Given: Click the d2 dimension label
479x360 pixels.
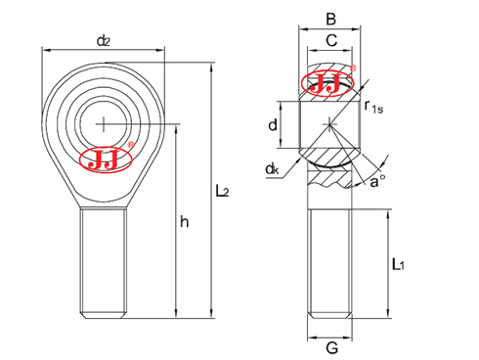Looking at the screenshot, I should [x=103, y=41].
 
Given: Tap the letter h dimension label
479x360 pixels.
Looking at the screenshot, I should [x=184, y=223].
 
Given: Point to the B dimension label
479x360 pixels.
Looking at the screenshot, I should [x=330, y=18].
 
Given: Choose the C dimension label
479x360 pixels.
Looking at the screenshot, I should [x=330, y=41].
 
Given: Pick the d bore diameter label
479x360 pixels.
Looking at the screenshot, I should [x=275, y=124].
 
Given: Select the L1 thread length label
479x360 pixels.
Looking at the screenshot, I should [x=397, y=264].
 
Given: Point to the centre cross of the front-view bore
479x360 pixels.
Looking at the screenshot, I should [x=103, y=123].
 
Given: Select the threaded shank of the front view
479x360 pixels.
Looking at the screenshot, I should [x=103, y=262].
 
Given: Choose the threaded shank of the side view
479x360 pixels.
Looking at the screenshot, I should [x=331, y=262].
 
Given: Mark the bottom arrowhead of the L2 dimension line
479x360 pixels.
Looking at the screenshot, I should [x=212, y=314].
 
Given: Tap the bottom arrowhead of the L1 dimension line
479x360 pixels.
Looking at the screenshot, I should [x=388, y=314].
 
